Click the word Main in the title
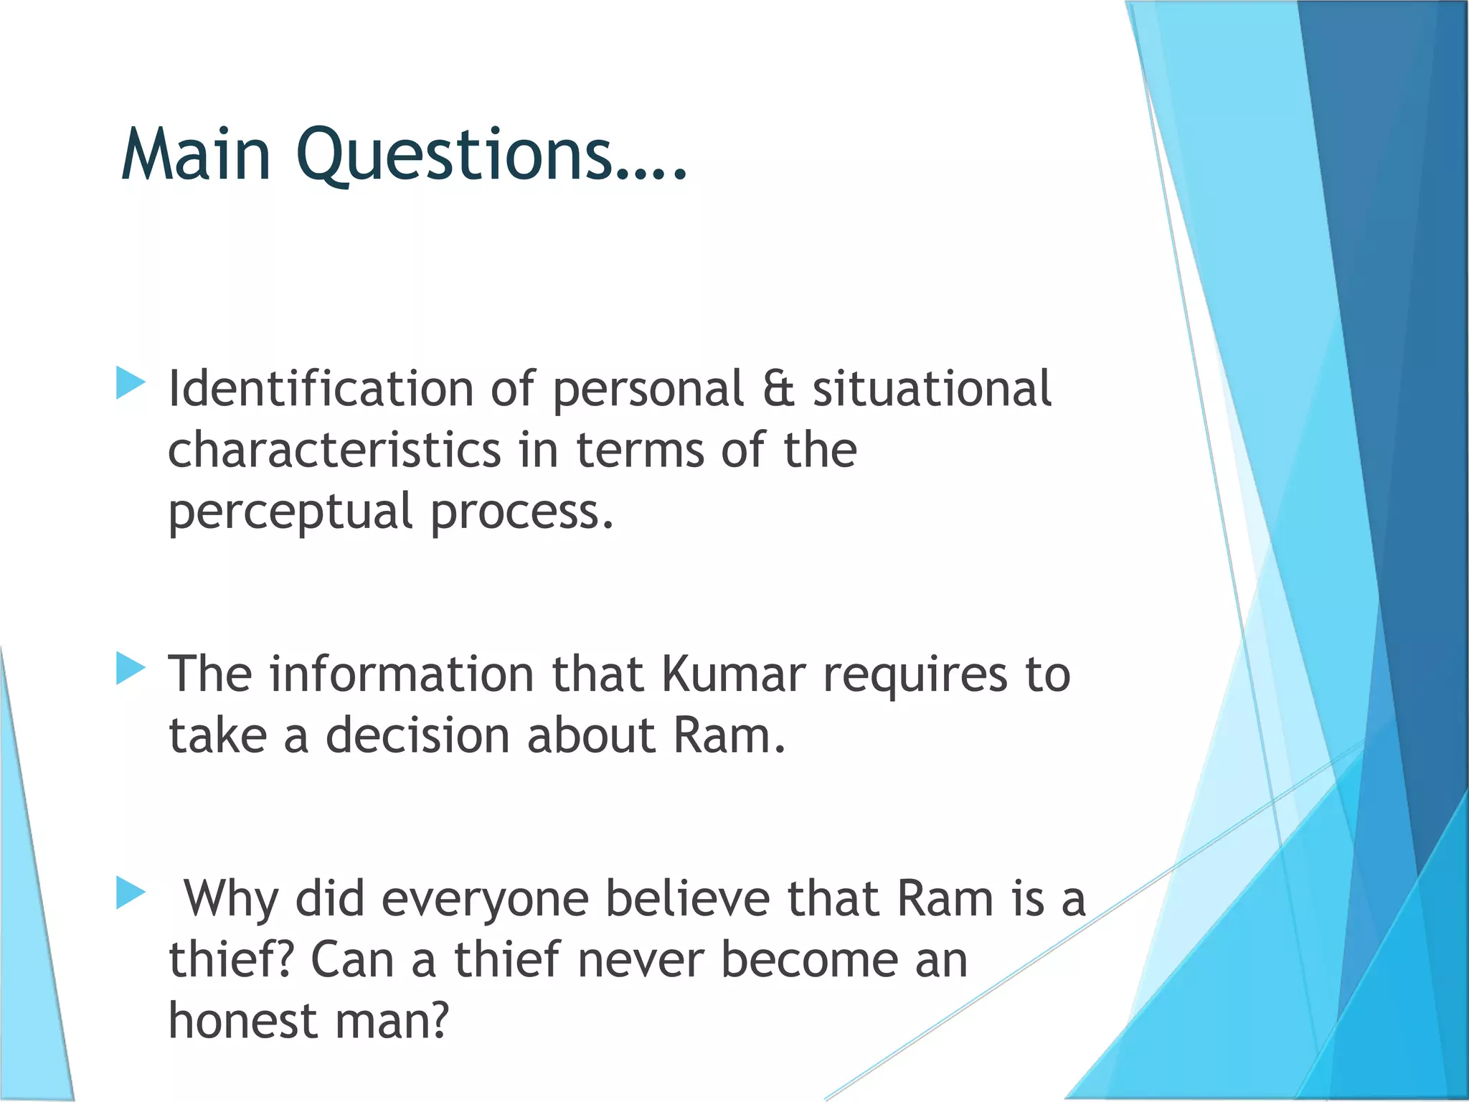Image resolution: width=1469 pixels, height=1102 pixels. coord(196,154)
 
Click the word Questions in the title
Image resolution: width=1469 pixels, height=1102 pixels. coord(455,154)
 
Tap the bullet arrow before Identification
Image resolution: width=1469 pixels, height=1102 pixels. coord(131,383)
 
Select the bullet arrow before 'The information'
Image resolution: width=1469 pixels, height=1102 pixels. coord(131,669)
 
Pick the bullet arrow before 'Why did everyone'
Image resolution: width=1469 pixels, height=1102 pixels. coord(131,893)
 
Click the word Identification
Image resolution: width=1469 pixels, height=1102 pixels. coord(320,389)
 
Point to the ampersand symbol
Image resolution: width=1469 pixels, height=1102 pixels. coord(778,389)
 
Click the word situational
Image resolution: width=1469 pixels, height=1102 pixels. coord(931,389)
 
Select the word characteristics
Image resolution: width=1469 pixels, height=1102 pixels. coord(334,451)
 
